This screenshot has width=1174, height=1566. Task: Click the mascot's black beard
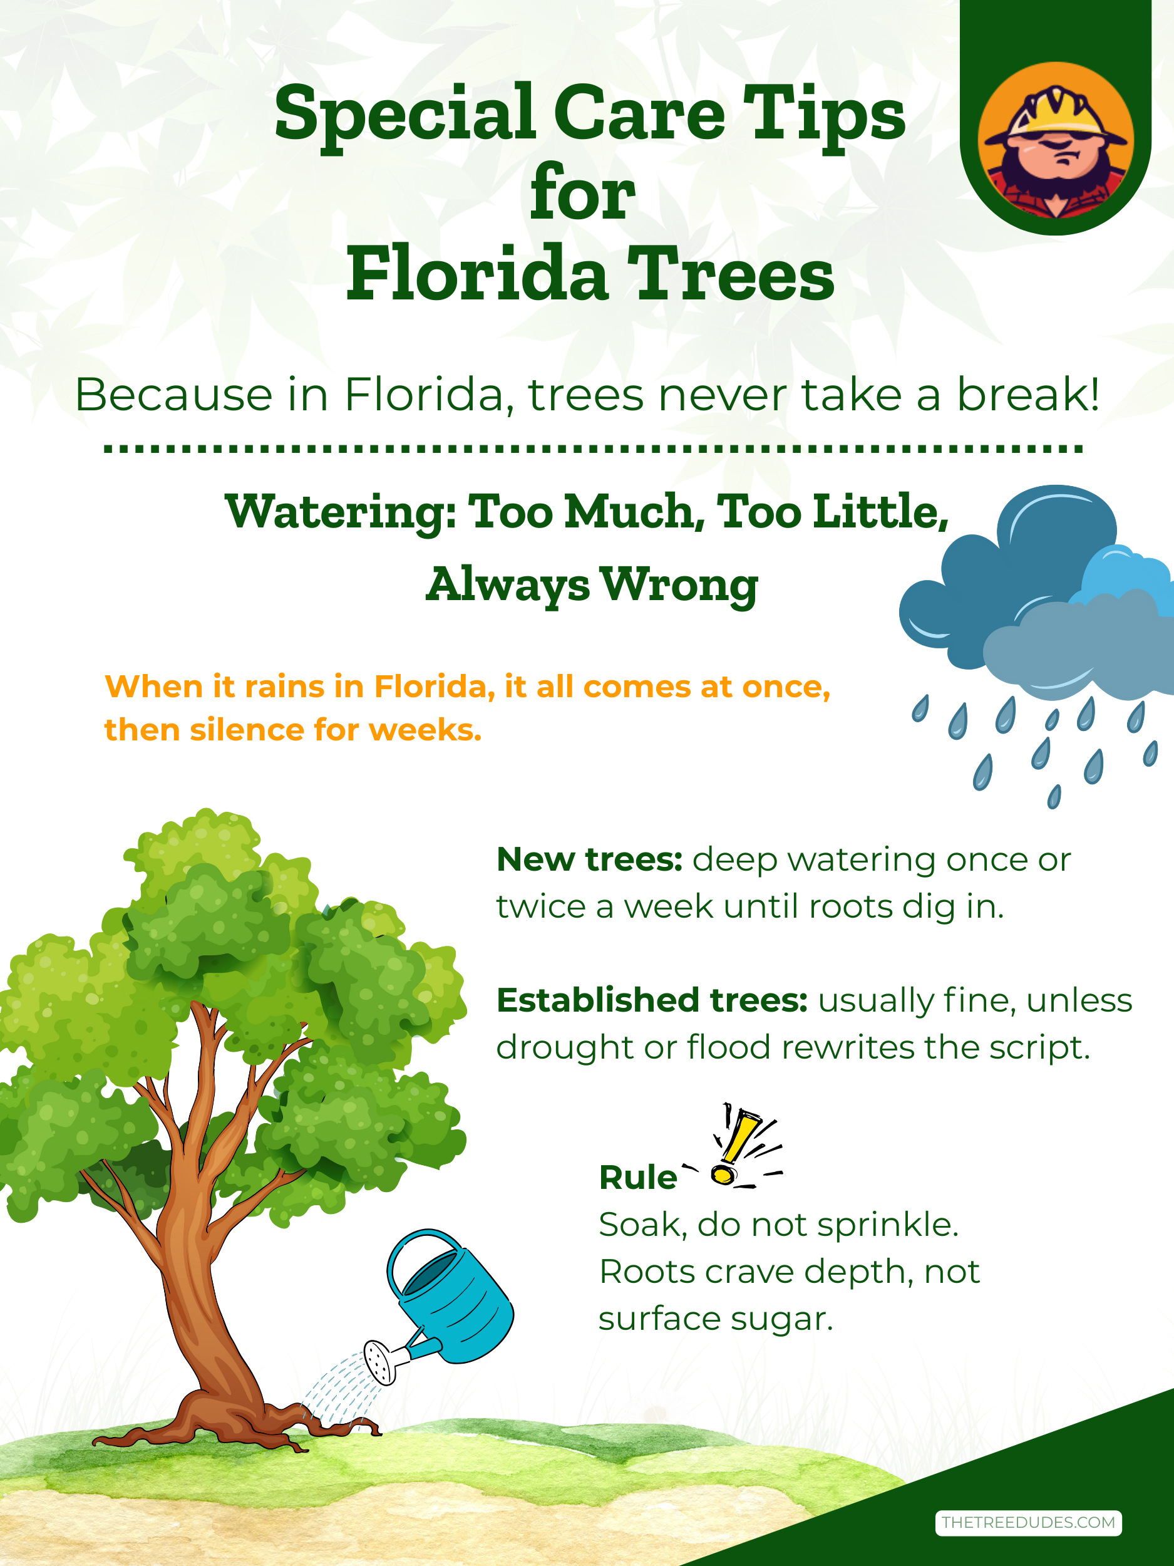coord(1054,180)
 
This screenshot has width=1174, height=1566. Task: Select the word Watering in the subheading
coord(341,513)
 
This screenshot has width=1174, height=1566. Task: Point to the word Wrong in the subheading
coord(679,586)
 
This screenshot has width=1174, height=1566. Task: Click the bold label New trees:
coord(589,859)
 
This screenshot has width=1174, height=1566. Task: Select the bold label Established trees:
coord(652,1000)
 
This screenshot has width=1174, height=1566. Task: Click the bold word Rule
coord(637,1178)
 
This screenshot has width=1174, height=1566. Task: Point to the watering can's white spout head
coord(380,1361)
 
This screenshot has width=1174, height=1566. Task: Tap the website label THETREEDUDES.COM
coord(1028,1522)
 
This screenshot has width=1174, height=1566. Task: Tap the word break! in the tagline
coord(1029,395)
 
